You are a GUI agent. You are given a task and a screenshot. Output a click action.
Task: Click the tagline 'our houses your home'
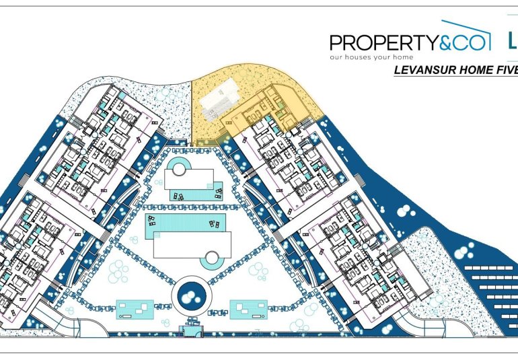click(x=370, y=58)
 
